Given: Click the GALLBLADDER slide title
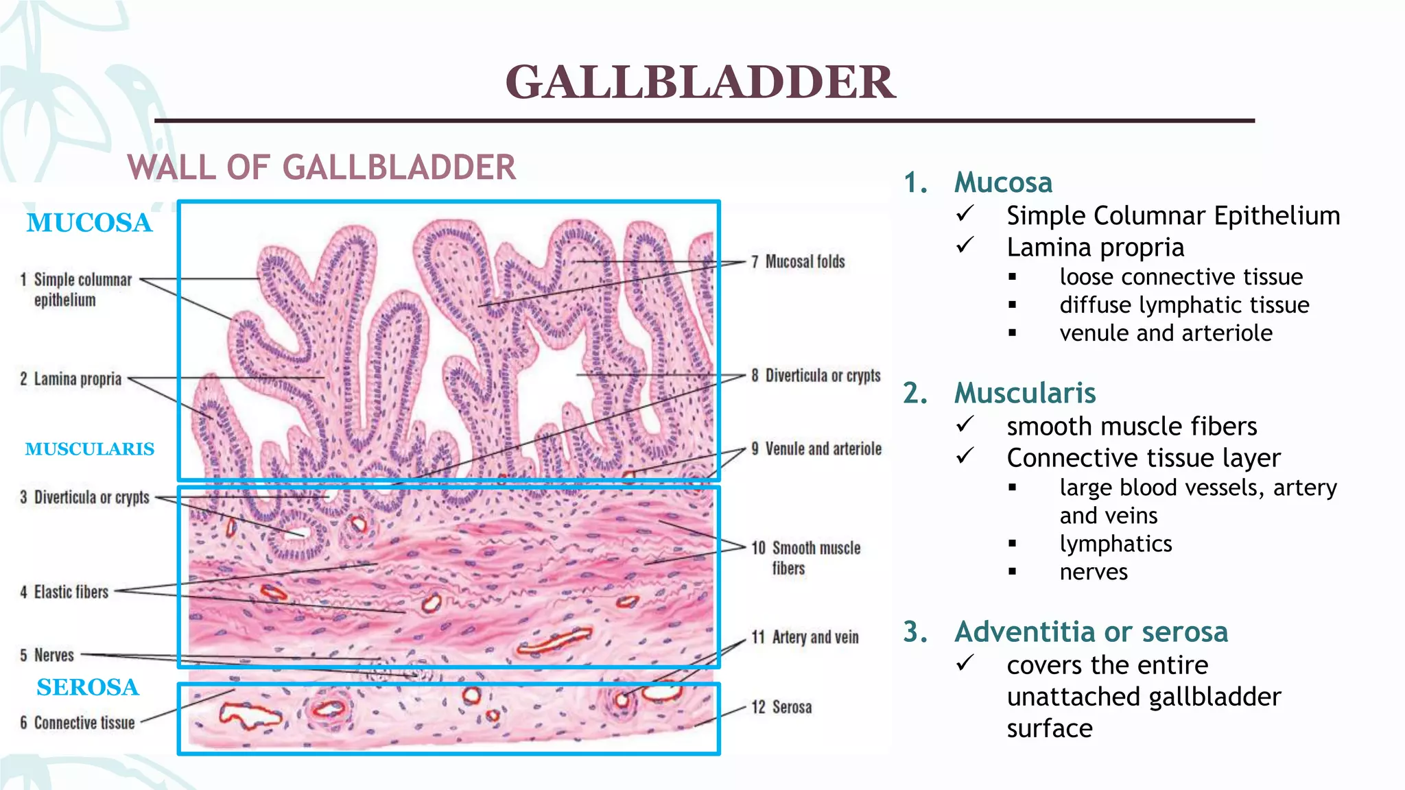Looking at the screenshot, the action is point(700,82).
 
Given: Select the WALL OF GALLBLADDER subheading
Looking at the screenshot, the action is point(322,168).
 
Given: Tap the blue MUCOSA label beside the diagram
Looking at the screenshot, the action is point(89,223).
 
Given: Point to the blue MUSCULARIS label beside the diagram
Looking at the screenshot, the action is point(90,449).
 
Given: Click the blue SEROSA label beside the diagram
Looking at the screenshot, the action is point(88,687).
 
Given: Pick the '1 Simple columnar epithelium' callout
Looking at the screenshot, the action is point(76,289).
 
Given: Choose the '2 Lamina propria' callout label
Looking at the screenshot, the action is point(71,379).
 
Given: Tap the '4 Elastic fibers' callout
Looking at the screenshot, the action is point(64,592).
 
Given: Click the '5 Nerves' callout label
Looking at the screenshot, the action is point(47,656).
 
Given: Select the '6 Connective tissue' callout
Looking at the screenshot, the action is point(78,723).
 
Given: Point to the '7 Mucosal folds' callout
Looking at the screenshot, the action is point(798,262).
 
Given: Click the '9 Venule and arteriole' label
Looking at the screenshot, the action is point(816,449).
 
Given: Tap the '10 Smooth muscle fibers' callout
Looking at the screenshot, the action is point(807,558).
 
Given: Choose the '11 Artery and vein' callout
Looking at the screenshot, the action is point(805,638).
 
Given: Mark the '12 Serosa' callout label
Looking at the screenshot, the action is point(782,707).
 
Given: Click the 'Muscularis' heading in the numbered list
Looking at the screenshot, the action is point(1025,393).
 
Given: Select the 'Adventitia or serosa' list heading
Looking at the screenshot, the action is point(1091,632).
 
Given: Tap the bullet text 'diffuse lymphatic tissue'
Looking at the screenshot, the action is point(1184,305).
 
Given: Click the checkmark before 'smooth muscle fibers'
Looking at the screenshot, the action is point(965,425).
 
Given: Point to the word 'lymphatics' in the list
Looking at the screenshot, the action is point(1115,544).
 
